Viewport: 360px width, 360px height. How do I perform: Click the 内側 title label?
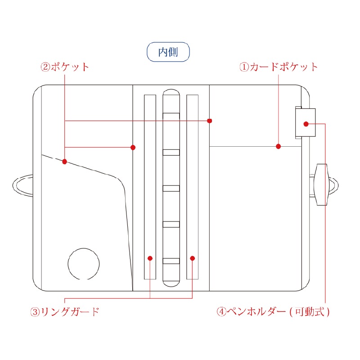[x=168, y=52]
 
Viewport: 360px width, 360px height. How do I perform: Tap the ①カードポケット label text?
[x=278, y=67]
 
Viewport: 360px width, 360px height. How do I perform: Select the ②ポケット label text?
[x=65, y=67]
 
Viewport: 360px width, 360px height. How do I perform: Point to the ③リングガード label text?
[x=64, y=311]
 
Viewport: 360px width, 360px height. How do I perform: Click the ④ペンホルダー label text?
[x=252, y=311]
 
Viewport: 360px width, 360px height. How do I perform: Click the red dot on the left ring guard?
[x=150, y=258]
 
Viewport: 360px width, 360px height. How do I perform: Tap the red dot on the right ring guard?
[x=192, y=258]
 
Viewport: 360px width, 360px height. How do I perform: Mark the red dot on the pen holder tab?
[x=306, y=124]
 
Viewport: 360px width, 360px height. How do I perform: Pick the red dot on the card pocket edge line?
[x=278, y=146]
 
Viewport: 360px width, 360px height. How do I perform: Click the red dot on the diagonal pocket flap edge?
[x=65, y=162]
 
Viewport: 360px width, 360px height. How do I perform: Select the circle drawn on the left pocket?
[x=84, y=263]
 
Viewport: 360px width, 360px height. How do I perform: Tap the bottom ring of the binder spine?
[x=171, y=261]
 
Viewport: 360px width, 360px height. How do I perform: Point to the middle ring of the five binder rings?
[x=171, y=188]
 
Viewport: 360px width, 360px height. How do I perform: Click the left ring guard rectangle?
[x=150, y=187]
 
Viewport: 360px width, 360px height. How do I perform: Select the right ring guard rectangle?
[x=192, y=187]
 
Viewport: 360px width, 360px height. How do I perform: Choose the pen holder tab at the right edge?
[x=305, y=122]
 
